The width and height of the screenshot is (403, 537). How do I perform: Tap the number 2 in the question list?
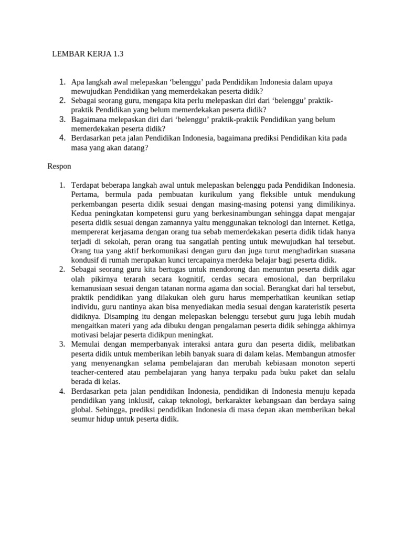[62, 100]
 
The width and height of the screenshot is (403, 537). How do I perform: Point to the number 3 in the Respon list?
[62, 344]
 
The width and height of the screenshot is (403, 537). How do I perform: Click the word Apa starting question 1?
[77, 82]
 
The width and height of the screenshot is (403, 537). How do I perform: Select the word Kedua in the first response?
[82, 213]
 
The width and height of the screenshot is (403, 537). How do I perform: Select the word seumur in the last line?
[84, 420]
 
